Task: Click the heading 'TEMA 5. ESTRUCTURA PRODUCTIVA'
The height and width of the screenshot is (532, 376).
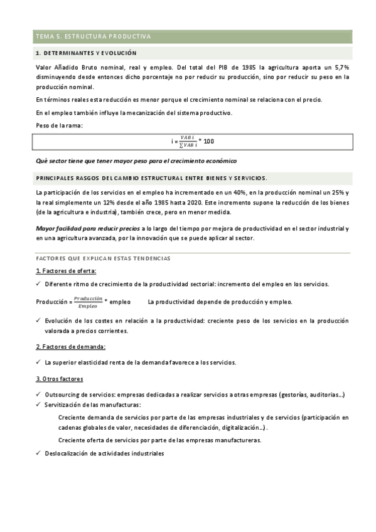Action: (x=93, y=36)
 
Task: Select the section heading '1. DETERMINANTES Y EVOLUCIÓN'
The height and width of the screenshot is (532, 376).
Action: (x=86, y=53)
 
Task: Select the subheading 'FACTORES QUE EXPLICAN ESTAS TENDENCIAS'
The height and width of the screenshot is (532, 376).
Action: (x=103, y=258)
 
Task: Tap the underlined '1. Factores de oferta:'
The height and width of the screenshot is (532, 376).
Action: (x=66, y=270)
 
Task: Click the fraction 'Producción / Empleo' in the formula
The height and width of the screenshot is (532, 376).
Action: (x=87, y=302)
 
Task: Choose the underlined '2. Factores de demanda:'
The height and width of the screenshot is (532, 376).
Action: (x=70, y=346)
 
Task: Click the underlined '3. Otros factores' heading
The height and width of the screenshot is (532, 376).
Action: (x=60, y=379)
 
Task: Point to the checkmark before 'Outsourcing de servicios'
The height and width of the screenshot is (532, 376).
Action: (x=38, y=393)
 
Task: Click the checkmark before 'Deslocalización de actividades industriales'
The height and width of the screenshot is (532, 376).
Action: (x=38, y=453)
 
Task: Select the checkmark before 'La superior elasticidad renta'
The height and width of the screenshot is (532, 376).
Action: (x=38, y=362)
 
